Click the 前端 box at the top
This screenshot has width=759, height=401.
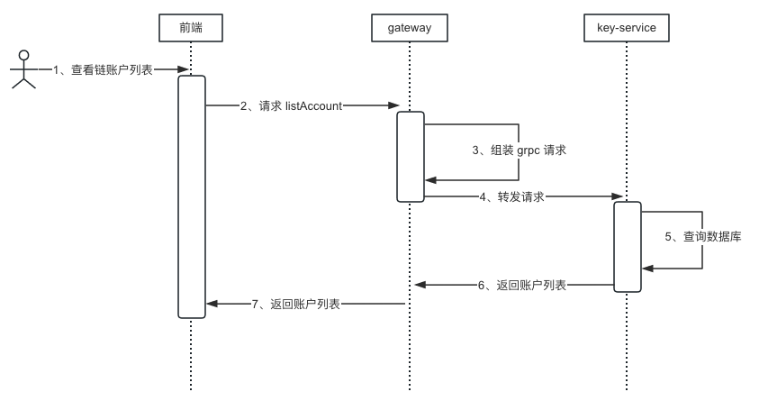tap(191, 28)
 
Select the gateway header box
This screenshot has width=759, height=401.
tap(409, 28)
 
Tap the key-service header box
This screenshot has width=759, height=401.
tap(627, 28)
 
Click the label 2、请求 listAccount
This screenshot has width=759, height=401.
tap(291, 105)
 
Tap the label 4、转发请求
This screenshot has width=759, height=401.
tap(511, 196)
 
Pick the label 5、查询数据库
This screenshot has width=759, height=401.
tap(703, 237)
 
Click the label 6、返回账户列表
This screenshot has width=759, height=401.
tap(522, 285)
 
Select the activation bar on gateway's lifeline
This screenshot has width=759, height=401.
tap(410, 156)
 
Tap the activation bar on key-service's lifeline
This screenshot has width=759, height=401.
tap(628, 246)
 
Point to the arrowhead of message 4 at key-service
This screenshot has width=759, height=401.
tap(619, 196)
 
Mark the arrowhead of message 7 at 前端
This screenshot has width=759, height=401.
tap(212, 305)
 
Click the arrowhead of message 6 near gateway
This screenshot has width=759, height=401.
tap(420, 285)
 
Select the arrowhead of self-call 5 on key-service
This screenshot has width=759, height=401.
tap(647, 268)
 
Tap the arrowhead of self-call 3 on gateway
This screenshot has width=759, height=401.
tap(430, 180)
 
